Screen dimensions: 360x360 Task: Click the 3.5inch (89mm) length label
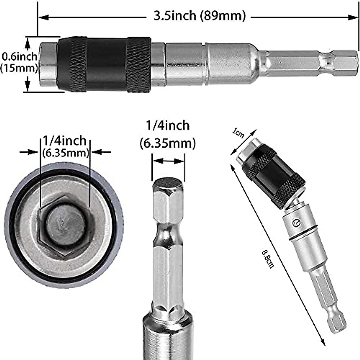(x=199, y=16)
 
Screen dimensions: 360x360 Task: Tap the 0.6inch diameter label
(x=20, y=56)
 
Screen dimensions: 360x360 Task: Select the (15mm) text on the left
(x=19, y=68)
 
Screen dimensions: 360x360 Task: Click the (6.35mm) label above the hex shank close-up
(x=168, y=143)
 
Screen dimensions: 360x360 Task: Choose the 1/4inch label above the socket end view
(x=64, y=140)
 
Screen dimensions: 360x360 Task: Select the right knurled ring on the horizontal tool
(x=138, y=65)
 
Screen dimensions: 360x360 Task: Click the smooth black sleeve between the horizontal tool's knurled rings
(x=106, y=65)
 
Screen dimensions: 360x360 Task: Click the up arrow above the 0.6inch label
(x=28, y=44)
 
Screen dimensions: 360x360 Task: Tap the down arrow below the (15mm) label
(x=28, y=85)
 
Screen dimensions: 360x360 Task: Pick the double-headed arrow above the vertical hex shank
(x=168, y=161)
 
